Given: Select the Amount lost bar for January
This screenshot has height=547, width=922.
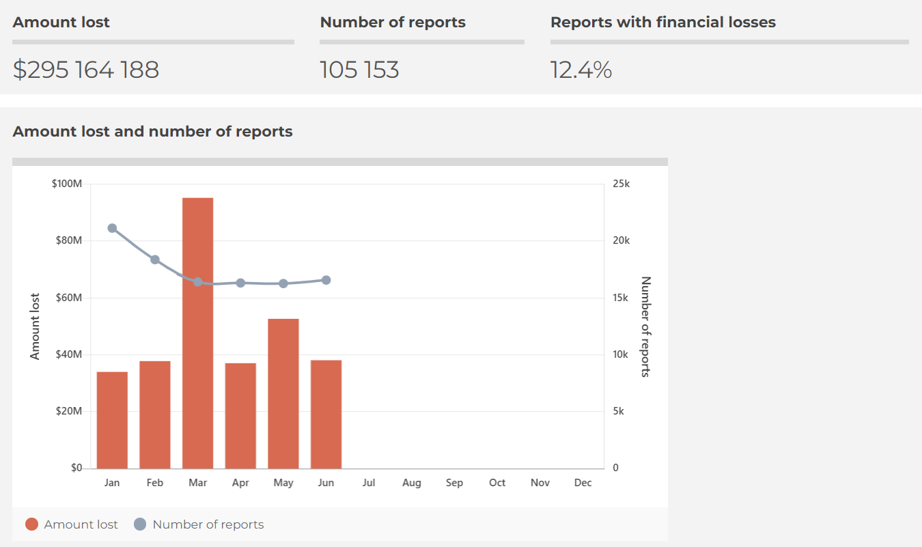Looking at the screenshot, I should [112, 420].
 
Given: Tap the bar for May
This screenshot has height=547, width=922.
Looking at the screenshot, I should [283, 393].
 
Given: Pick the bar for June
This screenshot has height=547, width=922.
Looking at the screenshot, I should [326, 414].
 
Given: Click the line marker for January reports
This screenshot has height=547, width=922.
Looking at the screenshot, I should [112, 228].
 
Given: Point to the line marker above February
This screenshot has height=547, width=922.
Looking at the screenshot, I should [155, 260].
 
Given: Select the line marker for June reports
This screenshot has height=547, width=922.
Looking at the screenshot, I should [326, 280].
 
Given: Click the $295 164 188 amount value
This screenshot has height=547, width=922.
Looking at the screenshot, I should [86, 70].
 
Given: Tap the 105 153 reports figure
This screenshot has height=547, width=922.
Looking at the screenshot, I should [359, 70].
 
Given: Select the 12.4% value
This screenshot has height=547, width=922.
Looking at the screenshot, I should [581, 70].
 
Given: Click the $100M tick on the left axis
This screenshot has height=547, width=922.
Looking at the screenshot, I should [67, 184].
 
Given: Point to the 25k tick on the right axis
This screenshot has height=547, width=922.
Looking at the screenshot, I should [621, 184].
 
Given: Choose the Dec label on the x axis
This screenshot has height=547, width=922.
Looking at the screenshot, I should [583, 483].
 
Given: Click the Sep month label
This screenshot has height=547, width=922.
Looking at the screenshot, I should [454, 483].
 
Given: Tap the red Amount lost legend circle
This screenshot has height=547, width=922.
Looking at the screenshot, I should [31, 524].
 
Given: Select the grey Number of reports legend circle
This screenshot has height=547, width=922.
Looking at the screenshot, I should [140, 524].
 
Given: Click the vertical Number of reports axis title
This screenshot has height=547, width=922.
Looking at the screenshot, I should [645, 326].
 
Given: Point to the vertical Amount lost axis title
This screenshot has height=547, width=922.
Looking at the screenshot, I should [36, 326].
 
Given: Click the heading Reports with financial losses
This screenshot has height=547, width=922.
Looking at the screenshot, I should [662, 22].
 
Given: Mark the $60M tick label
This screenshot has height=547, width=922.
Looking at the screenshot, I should [67, 298].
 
